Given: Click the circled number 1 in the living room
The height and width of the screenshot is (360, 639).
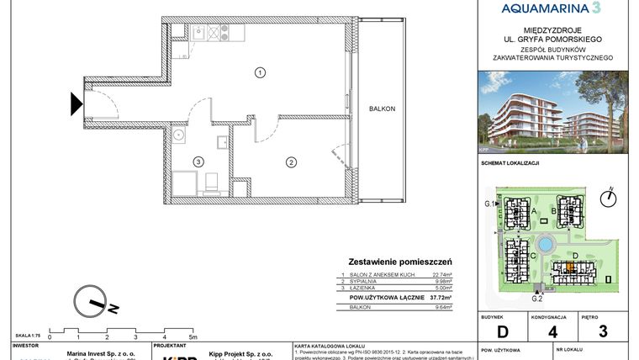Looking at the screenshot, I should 261,73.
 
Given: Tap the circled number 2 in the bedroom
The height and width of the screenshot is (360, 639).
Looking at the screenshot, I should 290,161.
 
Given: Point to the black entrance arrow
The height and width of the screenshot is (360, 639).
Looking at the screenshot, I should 76,104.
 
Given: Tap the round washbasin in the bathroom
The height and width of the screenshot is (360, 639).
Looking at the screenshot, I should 178,135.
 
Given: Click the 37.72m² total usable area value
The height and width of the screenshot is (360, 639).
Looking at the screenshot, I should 438,297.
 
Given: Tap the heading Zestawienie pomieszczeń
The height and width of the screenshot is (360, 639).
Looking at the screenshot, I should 399,262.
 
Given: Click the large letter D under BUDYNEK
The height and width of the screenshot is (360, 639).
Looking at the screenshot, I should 501,331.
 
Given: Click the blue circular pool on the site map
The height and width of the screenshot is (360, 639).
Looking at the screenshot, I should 546,245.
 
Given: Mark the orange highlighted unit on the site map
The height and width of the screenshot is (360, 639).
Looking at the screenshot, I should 569,269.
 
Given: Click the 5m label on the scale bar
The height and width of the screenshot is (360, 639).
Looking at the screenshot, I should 195,336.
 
